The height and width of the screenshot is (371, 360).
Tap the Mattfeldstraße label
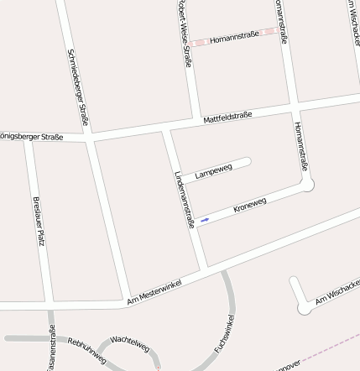[x=227, y=119]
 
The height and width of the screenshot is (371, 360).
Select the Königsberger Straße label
[x=32, y=137]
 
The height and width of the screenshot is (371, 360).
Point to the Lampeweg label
[x=213, y=172]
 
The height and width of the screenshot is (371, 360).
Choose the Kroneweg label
[x=250, y=205]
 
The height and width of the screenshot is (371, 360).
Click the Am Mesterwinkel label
[x=154, y=293]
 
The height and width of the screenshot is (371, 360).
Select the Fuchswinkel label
[x=223, y=333]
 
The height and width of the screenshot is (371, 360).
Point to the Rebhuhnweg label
[x=86, y=349]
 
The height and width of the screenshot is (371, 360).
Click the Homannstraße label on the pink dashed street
[x=234, y=38]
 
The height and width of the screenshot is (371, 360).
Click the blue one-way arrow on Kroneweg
[x=205, y=220]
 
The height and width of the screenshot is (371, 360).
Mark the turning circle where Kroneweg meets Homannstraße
[x=307, y=184]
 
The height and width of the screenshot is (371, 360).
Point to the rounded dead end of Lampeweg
[x=247, y=160]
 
